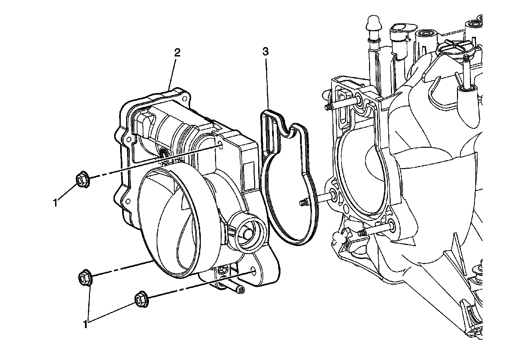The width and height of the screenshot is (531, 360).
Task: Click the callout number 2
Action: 178,52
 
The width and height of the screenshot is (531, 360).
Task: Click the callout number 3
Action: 265,51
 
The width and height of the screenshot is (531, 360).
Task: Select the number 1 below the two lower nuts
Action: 86,324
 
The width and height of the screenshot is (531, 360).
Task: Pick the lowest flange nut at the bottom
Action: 141,299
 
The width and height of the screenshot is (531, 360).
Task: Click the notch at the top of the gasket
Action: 290,132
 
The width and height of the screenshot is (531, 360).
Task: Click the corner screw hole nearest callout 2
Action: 184,98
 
